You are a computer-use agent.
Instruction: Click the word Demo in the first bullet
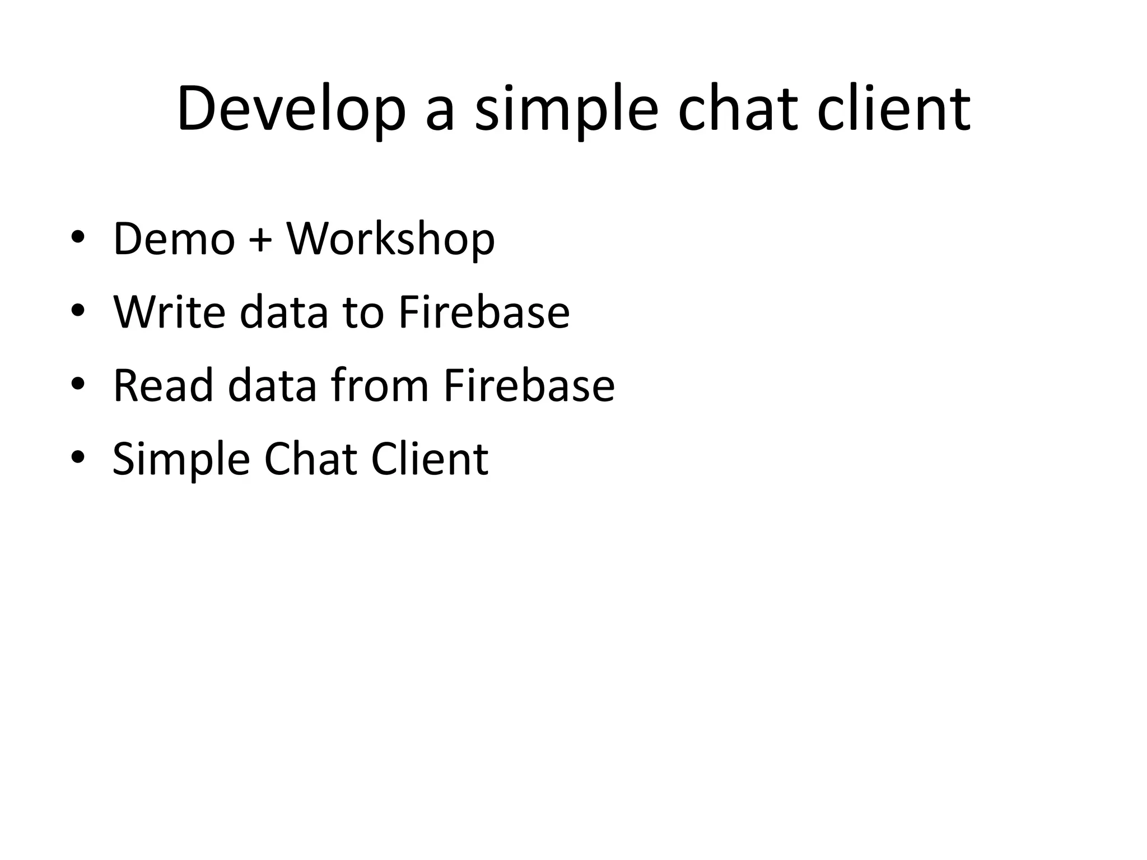pyautogui.click(x=174, y=239)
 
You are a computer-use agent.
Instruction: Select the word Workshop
pyautogui.click(x=391, y=239)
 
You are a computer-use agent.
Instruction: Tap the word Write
pyautogui.click(x=169, y=312)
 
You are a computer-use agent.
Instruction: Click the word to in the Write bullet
pyautogui.click(x=363, y=312)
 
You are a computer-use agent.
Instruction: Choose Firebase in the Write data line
pyautogui.click(x=484, y=312)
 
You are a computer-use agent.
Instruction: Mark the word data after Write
pyautogui.click(x=284, y=312)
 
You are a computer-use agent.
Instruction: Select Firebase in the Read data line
pyautogui.click(x=529, y=386)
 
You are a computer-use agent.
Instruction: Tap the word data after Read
pyautogui.click(x=272, y=386)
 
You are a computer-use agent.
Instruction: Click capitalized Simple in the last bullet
pyautogui.click(x=181, y=460)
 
